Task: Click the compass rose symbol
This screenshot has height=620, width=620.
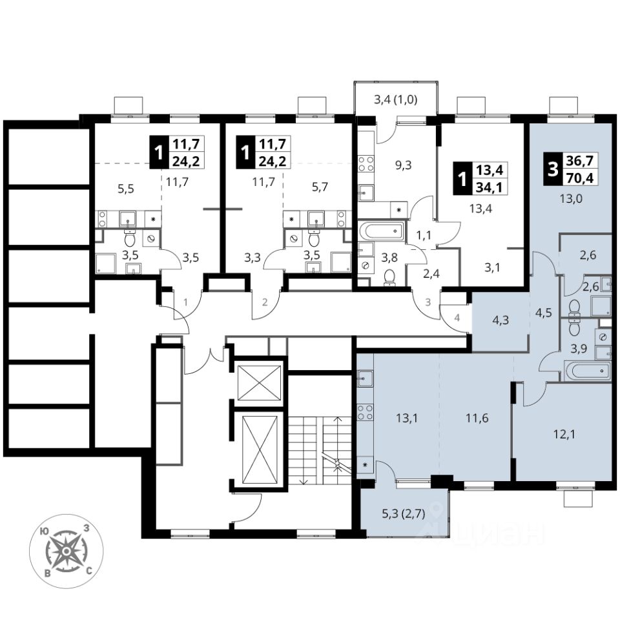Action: coord(65,550)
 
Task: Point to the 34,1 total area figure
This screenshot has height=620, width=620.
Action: coord(488,188)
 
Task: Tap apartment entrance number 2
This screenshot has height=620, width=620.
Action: coord(265,302)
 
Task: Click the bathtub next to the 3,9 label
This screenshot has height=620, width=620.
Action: coord(587,371)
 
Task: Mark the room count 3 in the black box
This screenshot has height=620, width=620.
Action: coord(552,170)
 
